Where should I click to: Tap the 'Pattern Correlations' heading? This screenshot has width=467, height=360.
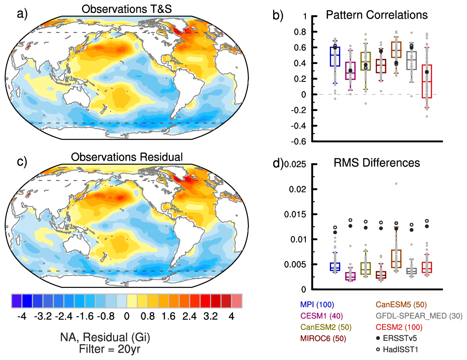pyautogui.click(x=377, y=15)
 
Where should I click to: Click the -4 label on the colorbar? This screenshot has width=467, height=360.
pyautogui.click(x=20, y=316)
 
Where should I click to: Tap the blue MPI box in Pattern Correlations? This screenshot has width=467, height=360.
pyautogui.click(x=335, y=57)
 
